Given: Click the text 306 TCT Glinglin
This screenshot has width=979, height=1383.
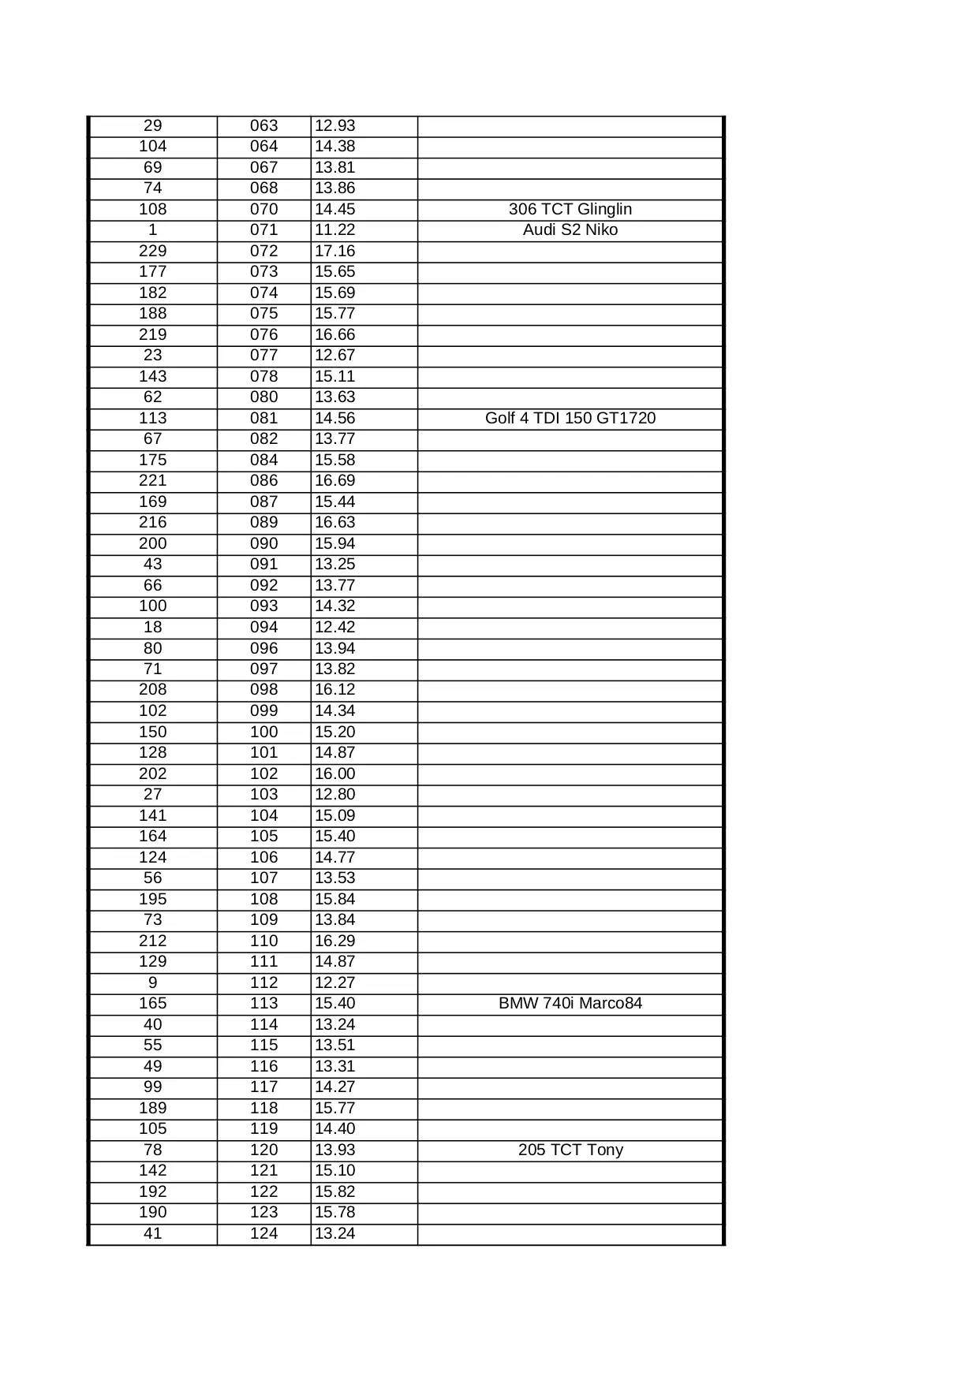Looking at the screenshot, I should (570, 209).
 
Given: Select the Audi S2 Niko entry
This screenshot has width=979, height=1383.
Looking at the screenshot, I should (570, 229).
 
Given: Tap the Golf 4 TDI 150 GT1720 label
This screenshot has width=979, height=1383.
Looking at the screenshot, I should (570, 418).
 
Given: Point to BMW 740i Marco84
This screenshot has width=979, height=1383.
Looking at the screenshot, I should (570, 1003).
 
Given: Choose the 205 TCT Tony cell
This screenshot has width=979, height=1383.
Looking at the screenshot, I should (570, 1150).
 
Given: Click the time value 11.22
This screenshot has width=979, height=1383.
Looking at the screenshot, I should (335, 229).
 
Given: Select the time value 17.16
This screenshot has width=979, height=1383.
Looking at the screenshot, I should (335, 251).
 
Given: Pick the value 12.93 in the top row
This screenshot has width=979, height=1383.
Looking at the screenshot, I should (335, 125).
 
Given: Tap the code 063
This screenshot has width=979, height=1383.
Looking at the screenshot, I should (263, 125).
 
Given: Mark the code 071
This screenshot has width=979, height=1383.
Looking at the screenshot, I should (263, 229).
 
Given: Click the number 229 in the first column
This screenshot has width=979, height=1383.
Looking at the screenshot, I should (152, 251).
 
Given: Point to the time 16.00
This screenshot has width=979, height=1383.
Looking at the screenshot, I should (335, 774).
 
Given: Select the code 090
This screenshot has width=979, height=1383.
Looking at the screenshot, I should (263, 543).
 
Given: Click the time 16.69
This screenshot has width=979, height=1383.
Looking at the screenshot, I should (335, 480).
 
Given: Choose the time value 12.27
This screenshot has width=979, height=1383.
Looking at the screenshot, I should (335, 982).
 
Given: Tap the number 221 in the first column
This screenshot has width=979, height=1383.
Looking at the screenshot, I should (152, 480).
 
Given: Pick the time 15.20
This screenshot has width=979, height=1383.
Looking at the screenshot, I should (335, 732).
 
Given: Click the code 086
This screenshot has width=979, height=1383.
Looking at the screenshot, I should (263, 480).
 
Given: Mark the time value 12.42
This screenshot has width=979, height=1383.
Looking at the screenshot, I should (335, 627).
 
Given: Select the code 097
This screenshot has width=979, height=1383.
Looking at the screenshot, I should (263, 669).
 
